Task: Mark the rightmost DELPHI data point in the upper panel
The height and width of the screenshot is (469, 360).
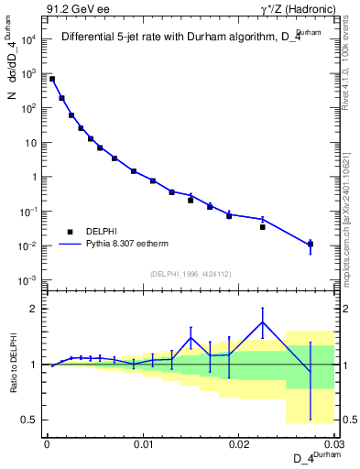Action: [311, 244]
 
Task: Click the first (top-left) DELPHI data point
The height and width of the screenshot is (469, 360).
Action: [52, 80]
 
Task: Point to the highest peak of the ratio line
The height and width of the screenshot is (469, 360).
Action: [263, 322]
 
